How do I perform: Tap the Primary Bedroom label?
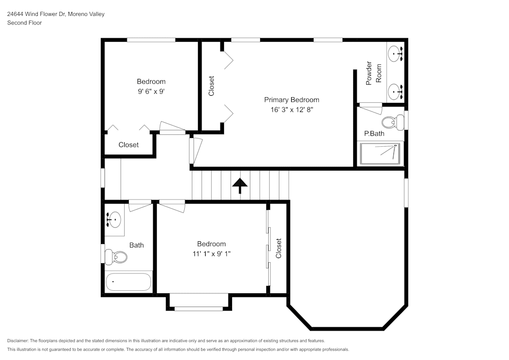click(291, 100)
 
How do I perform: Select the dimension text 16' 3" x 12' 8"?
click(291, 109)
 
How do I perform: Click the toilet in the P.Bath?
click(390, 122)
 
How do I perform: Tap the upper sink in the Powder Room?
click(395, 52)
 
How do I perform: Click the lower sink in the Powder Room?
click(395, 91)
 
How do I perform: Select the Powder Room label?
click(374, 73)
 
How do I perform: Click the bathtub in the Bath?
click(128, 281)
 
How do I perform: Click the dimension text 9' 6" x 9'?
click(151, 92)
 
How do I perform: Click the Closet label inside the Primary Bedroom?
click(212, 86)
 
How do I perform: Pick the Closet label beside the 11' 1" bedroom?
click(278, 248)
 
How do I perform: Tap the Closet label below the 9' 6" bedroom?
click(128, 145)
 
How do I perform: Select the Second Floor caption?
click(24, 23)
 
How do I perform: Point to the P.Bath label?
click(374, 134)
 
